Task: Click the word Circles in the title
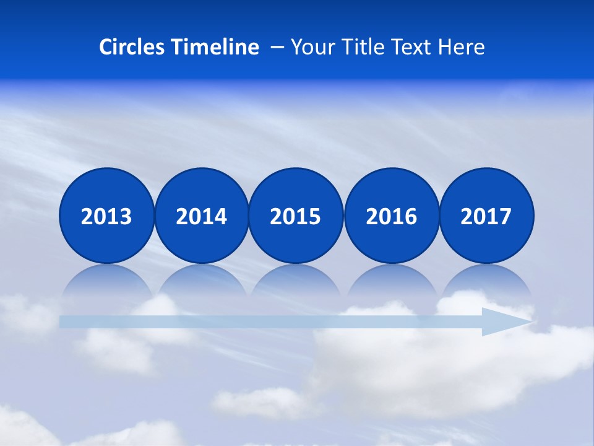[x=132, y=47]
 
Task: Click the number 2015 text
[x=296, y=217]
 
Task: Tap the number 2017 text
[x=486, y=217]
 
